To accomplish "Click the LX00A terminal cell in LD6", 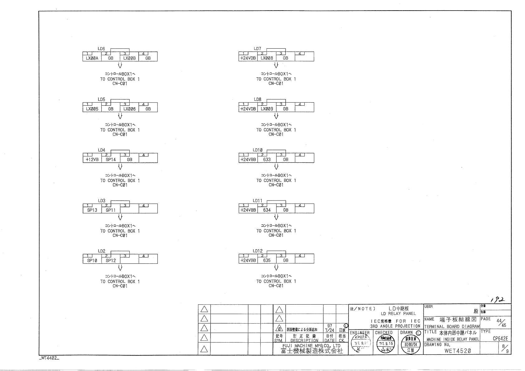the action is pyautogui.click(x=92, y=58).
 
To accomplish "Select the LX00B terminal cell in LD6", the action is pyautogui.click(x=129, y=58).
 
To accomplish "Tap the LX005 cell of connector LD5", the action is pyautogui.click(x=92, y=109).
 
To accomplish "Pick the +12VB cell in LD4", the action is pyautogui.click(x=92, y=160).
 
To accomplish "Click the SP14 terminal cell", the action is pyautogui.click(x=111, y=160).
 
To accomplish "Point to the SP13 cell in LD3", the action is pyautogui.click(x=92, y=210).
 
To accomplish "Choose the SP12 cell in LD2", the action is pyautogui.click(x=111, y=261).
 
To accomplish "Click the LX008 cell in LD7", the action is pyautogui.click(x=267, y=58).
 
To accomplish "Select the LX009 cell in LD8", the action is pyautogui.click(x=267, y=109).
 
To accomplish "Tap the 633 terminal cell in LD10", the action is pyautogui.click(x=267, y=160).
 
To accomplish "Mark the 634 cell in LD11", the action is pyautogui.click(x=267, y=210).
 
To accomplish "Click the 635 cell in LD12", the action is pyautogui.click(x=267, y=260).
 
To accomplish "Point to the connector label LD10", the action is pyautogui.click(x=258, y=150).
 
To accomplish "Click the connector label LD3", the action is pyautogui.click(x=102, y=201).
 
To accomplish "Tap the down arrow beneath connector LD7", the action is pyautogui.click(x=276, y=65).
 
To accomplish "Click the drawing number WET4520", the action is pyautogui.click(x=457, y=351).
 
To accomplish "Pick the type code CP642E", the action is pyautogui.click(x=500, y=339).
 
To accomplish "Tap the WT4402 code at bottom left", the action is pyautogui.click(x=49, y=358).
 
